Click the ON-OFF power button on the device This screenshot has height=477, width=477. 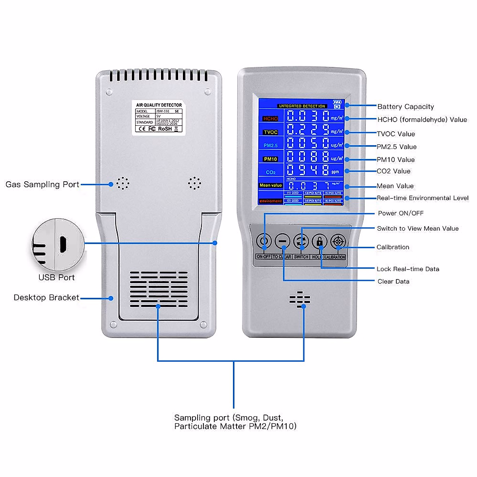coord(264,241)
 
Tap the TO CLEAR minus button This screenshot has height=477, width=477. coord(283,241)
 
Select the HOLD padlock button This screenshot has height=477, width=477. coord(320,241)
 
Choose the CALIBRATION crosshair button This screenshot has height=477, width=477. coord(338,241)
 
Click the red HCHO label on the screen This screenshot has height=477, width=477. coord(270,118)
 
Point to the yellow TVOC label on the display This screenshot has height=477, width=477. coord(270,132)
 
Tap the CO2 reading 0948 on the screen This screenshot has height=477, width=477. coord(308,171)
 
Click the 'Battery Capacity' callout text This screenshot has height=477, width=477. coord(405,107)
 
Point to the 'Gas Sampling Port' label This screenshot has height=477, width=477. coord(42,184)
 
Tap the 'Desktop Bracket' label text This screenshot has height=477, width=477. coord(46,297)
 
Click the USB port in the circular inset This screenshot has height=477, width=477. coord(63,244)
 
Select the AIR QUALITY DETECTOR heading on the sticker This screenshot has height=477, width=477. coord(159,105)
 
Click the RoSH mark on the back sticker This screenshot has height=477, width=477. coord(165,129)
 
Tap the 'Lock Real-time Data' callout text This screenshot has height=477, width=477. coord(408,269)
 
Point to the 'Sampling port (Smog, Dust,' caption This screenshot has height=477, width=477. coord(229,417)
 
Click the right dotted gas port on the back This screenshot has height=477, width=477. coord(194,183)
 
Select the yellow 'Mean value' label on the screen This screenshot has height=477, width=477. coord(270,185)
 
